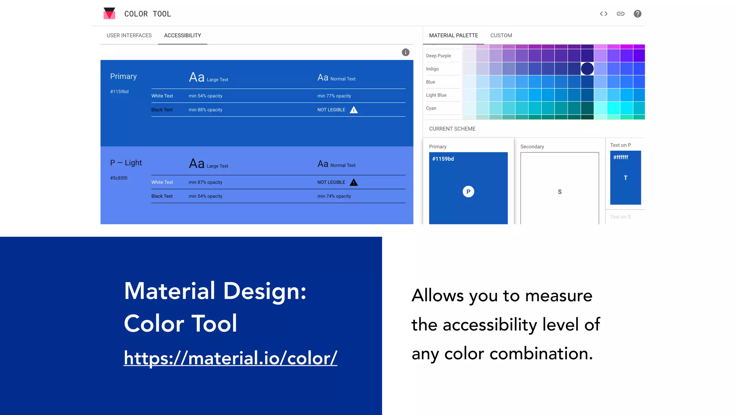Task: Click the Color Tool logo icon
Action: (109, 13)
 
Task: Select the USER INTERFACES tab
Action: (129, 35)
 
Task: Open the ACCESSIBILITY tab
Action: (182, 35)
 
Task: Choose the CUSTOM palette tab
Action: (501, 35)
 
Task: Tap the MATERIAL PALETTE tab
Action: (453, 35)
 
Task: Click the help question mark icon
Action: (637, 14)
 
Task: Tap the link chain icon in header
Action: (620, 14)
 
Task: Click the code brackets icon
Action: (603, 14)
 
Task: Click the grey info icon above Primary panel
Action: (406, 52)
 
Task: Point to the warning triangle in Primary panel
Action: (354, 110)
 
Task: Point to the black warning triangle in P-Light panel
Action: (354, 182)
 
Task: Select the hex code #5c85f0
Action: (119, 178)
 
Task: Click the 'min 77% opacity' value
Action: (334, 96)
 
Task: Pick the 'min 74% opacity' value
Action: (334, 196)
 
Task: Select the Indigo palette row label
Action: (432, 69)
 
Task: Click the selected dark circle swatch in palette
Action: (587, 68)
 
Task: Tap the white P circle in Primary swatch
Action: (468, 192)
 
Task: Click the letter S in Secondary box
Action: (560, 192)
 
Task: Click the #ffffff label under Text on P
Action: (621, 157)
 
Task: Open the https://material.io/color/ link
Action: (230, 358)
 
